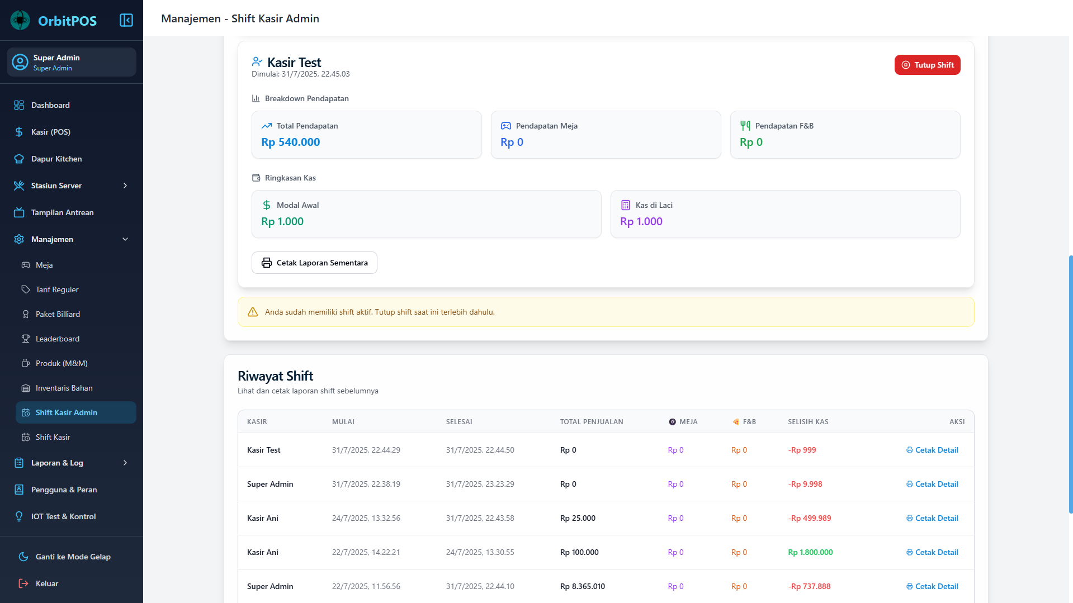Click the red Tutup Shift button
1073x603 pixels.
927,65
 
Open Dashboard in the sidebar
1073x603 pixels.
50,105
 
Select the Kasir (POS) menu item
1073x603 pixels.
50,132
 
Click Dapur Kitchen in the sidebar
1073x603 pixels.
56,159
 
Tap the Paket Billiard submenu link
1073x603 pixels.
58,314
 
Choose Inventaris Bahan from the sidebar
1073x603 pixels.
64,388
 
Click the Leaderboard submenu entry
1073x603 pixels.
57,339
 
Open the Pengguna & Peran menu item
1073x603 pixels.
64,490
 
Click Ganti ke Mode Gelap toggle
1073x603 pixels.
73,557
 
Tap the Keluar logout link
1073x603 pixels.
46,583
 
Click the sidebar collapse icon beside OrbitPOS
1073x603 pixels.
126,20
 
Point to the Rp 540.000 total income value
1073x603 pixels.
291,142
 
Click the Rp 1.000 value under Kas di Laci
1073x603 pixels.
641,221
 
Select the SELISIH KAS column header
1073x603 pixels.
808,422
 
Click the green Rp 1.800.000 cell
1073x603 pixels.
810,552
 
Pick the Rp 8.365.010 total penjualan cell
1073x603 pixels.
583,586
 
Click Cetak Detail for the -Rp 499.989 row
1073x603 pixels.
932,518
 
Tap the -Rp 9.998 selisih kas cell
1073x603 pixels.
805,484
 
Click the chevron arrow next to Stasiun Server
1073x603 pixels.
125,186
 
